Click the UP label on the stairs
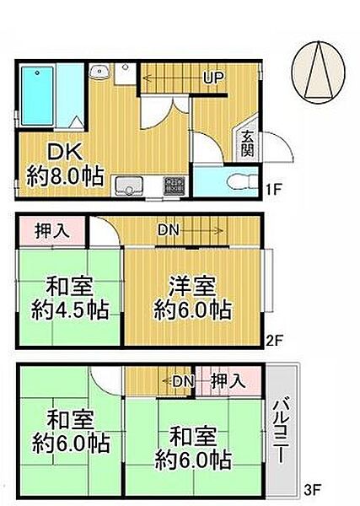pos(212,78)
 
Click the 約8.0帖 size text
pos(63,176)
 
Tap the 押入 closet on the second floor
pos(51,230)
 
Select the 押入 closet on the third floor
pos(228,381)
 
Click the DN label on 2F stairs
pos(168,229)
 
